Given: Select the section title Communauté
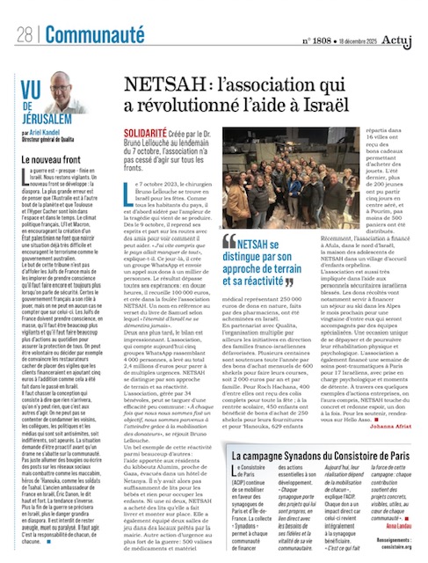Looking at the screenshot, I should [x=83, y=35].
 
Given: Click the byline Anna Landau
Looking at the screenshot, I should [x=394, y=526].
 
